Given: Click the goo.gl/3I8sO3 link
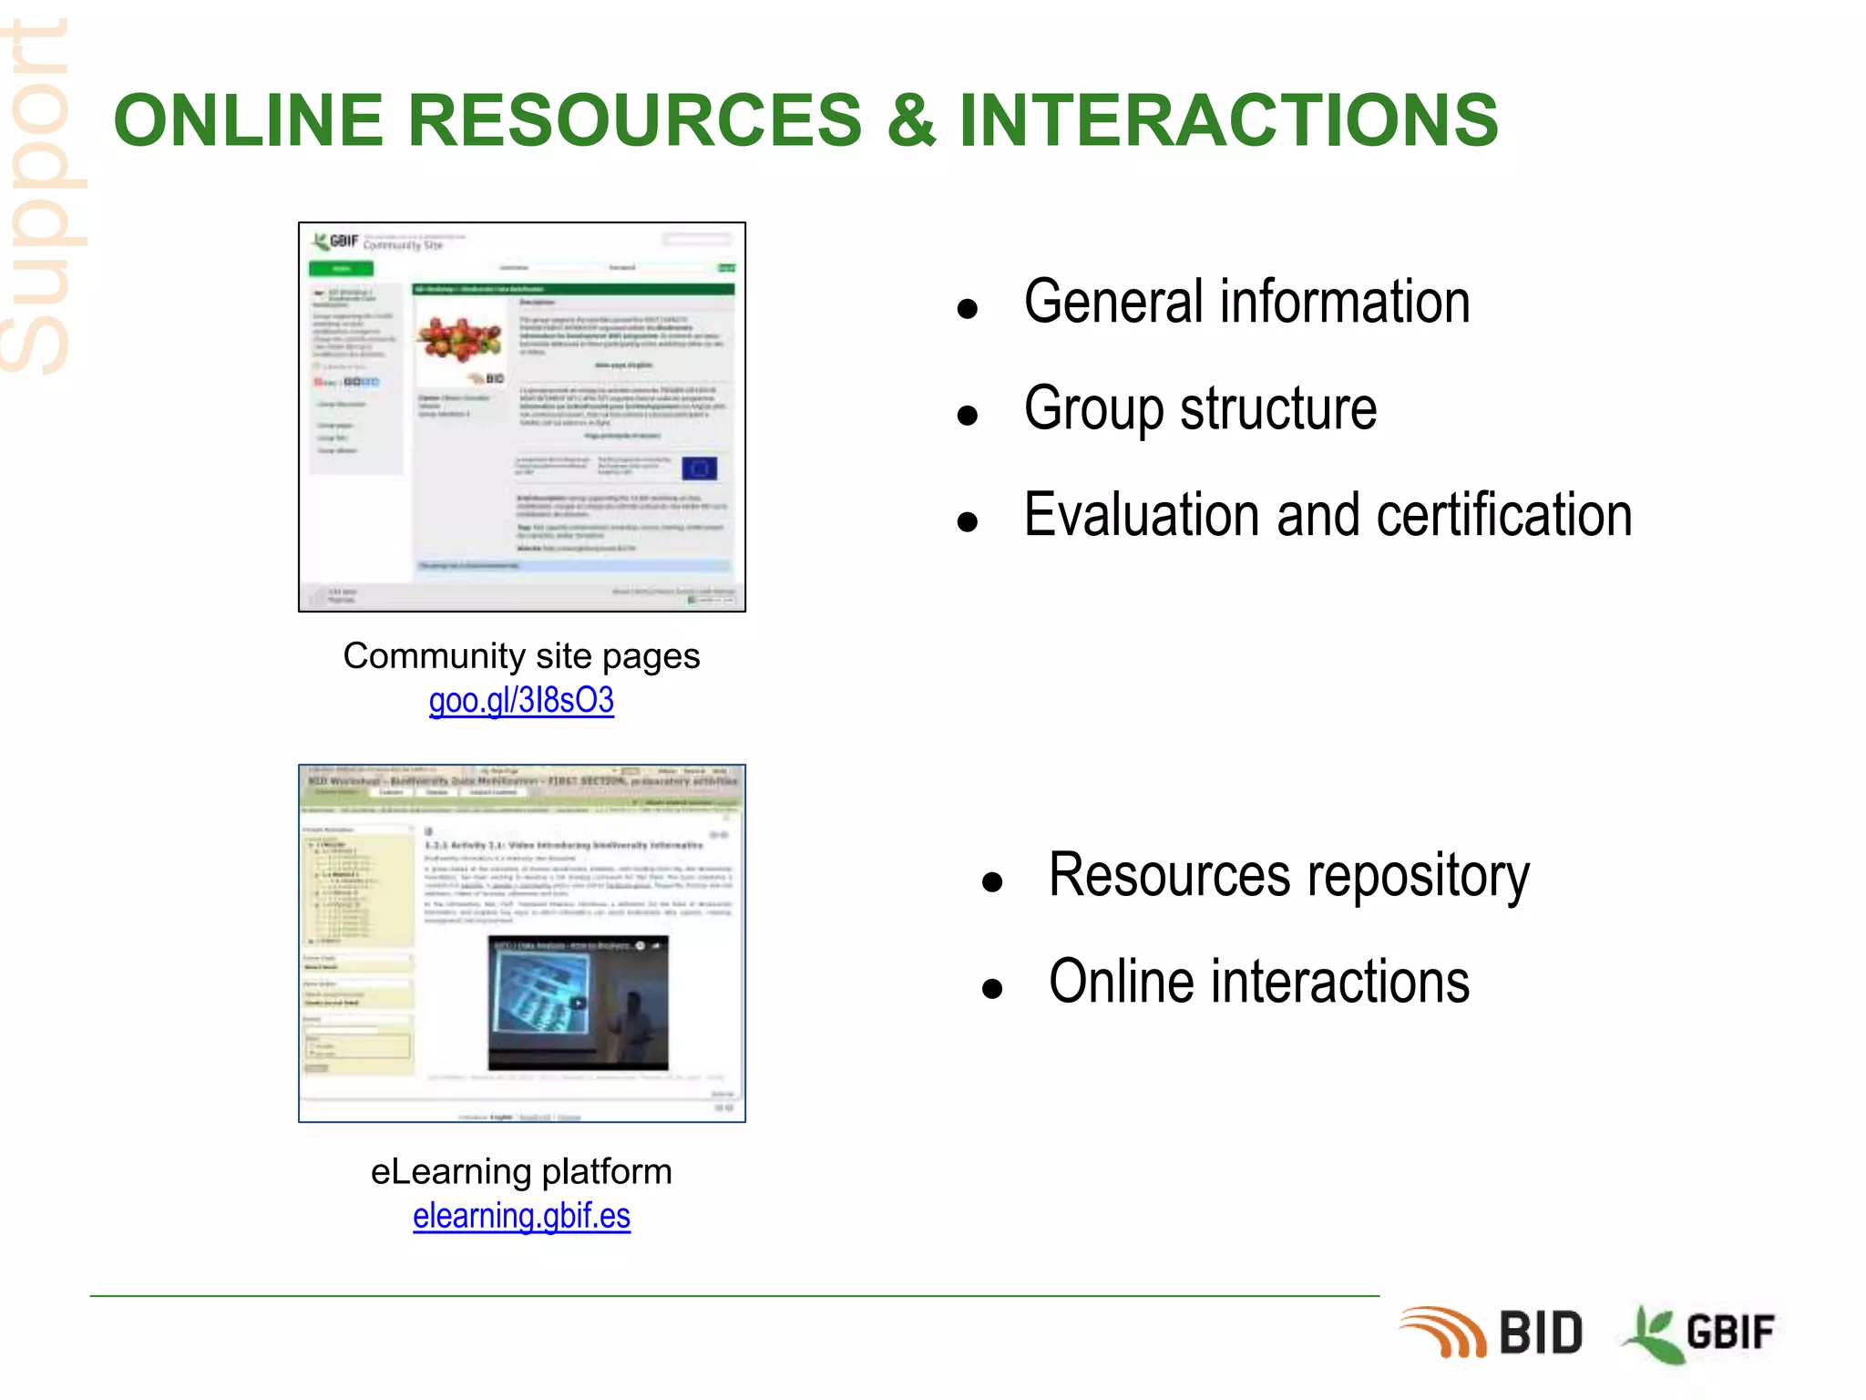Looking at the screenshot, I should (521, 700).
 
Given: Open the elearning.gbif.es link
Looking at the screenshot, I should (521, 1216).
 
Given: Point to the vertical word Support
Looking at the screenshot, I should (36, 196).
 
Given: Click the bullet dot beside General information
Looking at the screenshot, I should (968, 309).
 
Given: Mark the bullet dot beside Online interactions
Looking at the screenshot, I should (992, 988).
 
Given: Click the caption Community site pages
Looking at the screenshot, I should (521, 655).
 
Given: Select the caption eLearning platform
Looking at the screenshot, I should (521, 1171).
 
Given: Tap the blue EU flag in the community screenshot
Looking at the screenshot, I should (699, 468).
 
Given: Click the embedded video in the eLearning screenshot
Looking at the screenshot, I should (578, 1002).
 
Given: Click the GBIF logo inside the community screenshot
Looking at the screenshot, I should (335, 242).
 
